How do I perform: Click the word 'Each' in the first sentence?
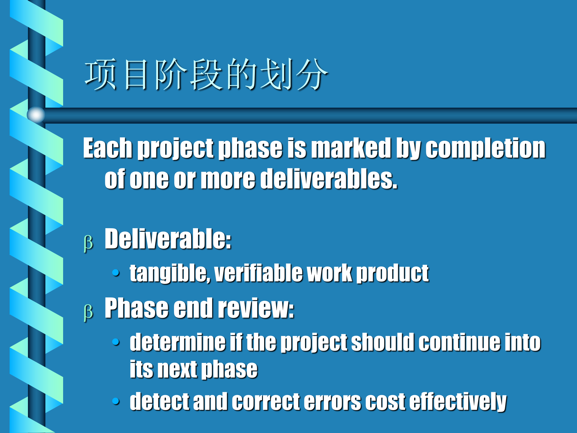pos(108,148)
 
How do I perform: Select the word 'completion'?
pos(485,148)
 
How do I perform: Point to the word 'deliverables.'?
pos(329,179)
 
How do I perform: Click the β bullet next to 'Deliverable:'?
pos(88,243)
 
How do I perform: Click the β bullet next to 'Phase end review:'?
pos(88,312)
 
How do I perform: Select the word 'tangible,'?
pos(169,273)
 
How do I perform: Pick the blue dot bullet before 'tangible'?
pos(116,273)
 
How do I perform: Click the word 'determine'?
pos(177,342)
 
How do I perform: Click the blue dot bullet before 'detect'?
pos(116,401)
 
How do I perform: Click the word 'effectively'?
pos(458,402)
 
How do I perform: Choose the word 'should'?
pos(383,342)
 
